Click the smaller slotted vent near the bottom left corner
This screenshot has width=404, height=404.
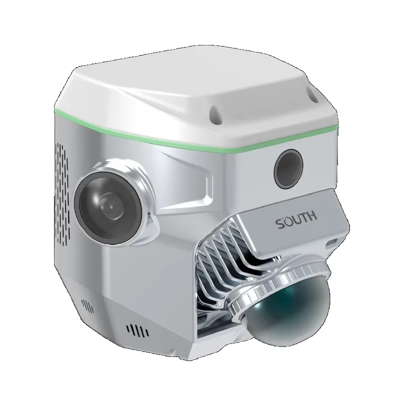point(87,306)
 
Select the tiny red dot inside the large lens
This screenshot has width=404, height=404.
point(108,206)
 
